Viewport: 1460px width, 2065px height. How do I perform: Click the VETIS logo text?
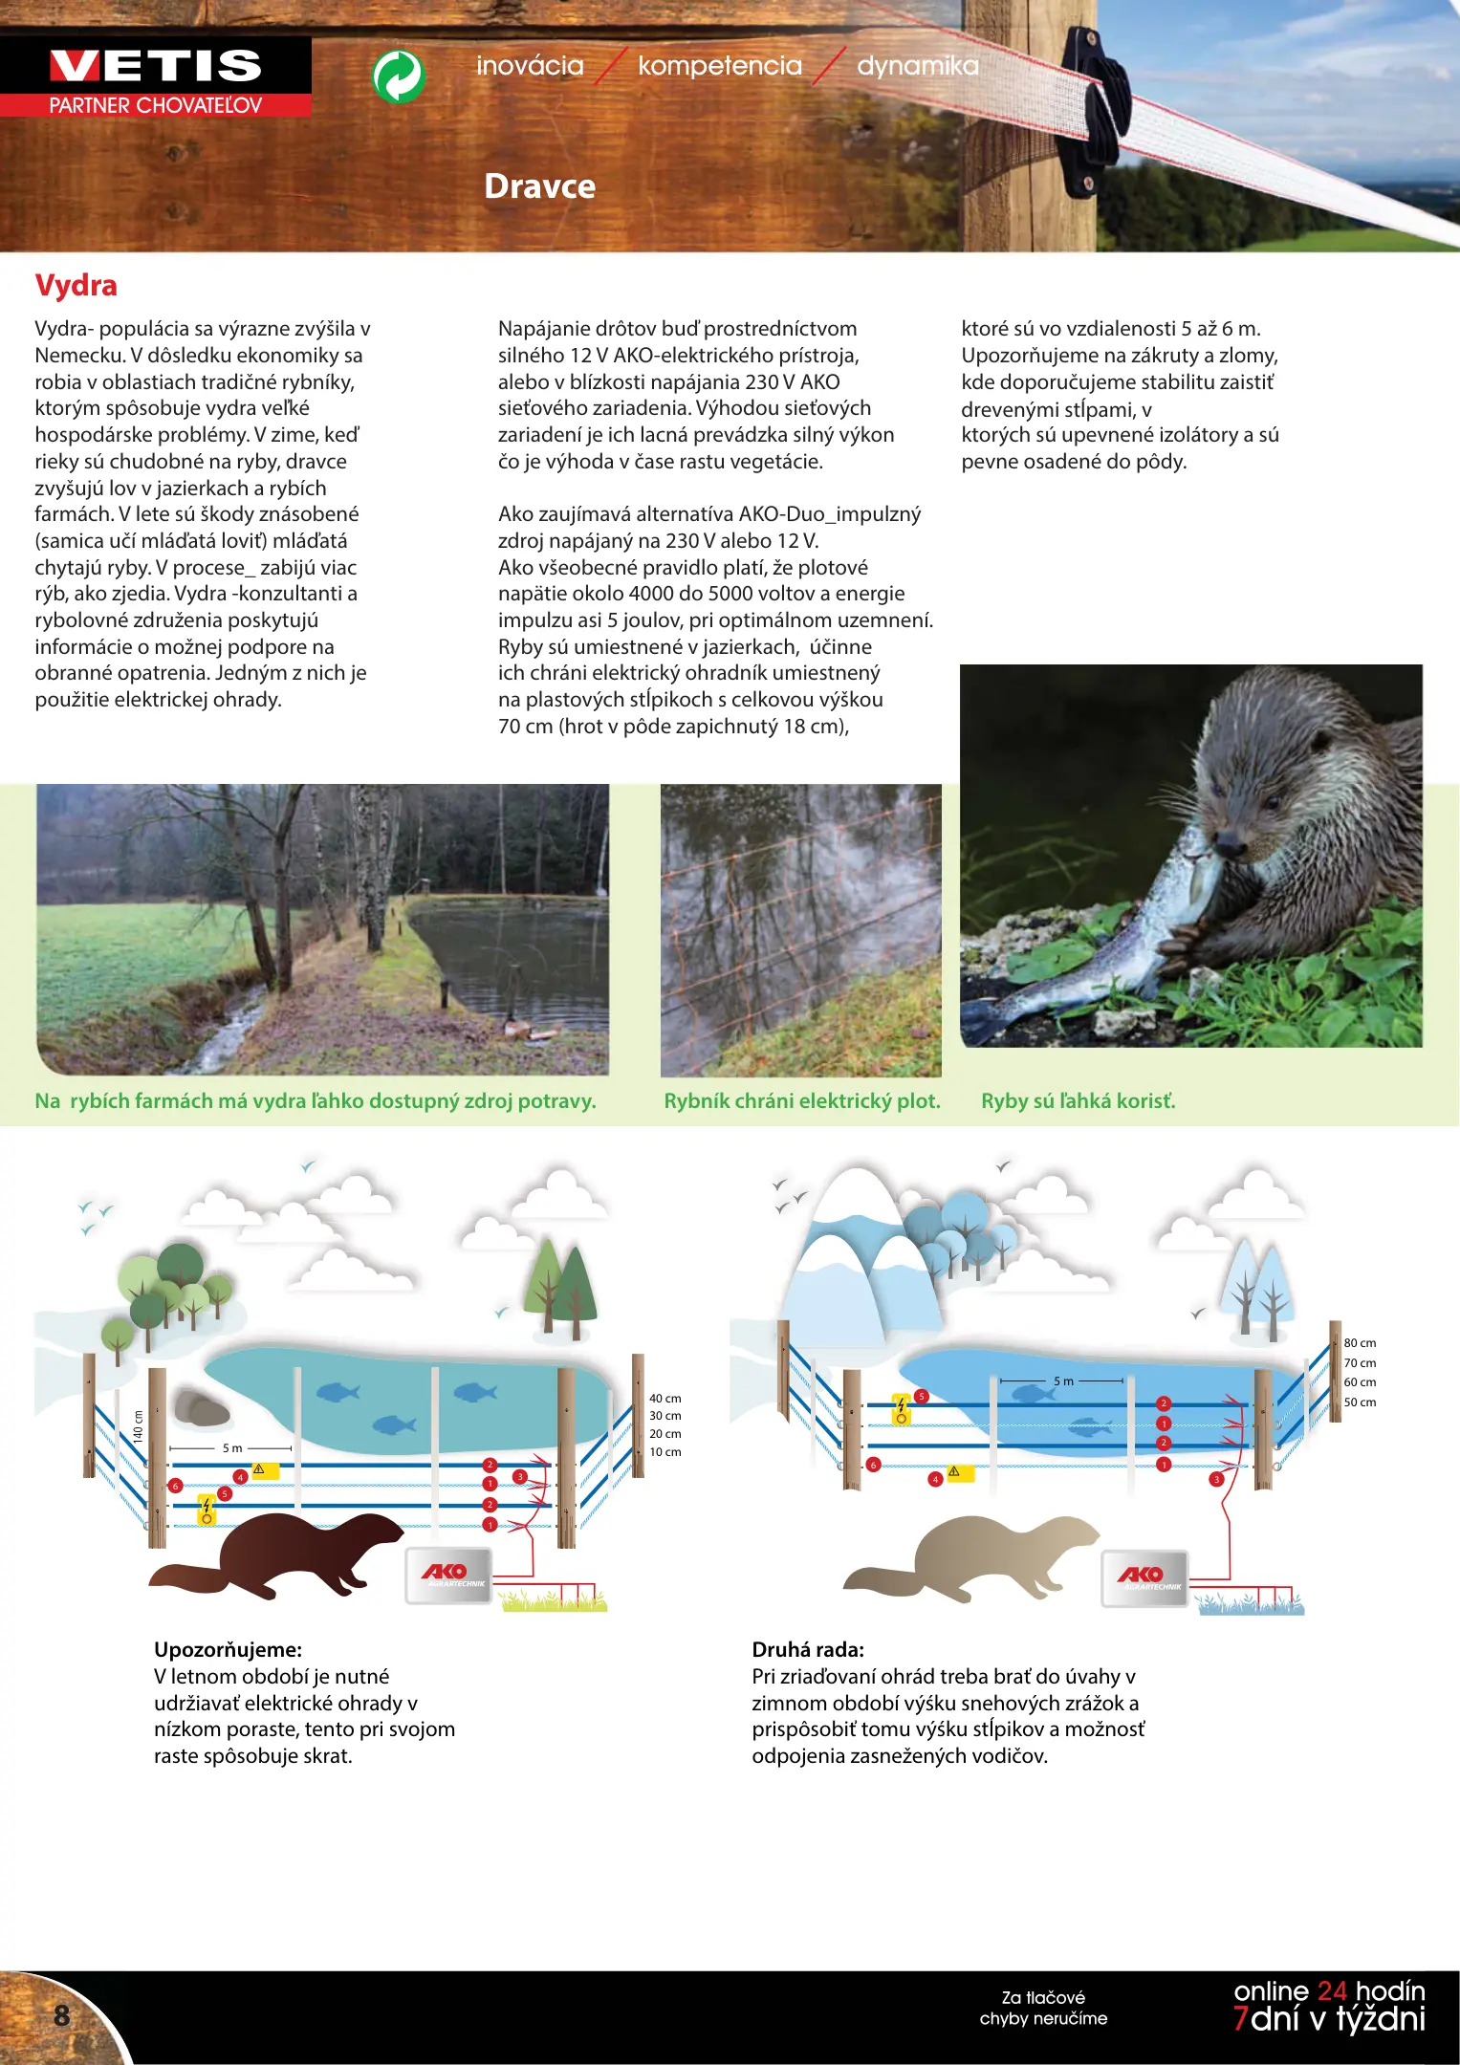coord(155,66)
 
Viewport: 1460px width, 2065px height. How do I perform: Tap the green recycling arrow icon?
coord(398,76)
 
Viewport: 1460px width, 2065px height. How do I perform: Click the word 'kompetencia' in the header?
coord(719,66)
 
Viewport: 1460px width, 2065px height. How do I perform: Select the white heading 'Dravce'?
coord(539,185)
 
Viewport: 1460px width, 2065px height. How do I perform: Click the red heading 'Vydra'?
coord(76,285)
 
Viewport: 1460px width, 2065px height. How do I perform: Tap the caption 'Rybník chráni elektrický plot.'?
coord(801,1100)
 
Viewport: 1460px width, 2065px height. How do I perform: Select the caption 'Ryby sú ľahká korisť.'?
coord(1078,1100)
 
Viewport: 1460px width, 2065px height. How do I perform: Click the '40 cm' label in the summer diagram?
coord(665,1398)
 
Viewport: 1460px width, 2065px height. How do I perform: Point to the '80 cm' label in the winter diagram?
coord(1359,1342)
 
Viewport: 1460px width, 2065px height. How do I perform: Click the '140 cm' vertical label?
coord(138,1426)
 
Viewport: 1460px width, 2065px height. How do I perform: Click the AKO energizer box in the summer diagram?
coord(447,1575)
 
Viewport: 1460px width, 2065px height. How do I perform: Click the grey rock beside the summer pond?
coord(202,1407)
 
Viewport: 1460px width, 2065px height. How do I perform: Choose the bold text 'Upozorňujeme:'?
coord(228,1649)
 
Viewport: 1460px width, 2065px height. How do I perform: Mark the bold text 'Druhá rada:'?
coord(807,1649)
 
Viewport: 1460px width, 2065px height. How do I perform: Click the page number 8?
coord(62,2015)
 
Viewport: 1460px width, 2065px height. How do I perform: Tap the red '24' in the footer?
coord(1331,1991)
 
